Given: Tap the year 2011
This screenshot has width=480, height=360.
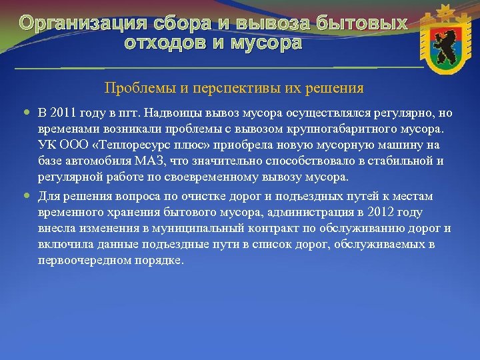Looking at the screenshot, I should [65, 111].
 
